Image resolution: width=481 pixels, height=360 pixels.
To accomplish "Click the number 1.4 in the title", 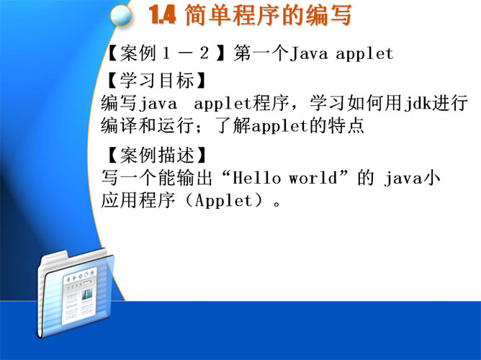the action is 162,15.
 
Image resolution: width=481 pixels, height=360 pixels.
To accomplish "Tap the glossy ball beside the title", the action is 121,15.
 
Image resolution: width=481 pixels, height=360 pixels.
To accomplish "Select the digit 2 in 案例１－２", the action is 204,53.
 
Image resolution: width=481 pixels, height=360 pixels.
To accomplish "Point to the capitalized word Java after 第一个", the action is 309,54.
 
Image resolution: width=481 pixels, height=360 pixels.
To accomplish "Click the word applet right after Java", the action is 364,54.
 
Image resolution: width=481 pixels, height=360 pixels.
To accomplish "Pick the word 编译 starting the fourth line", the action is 120,125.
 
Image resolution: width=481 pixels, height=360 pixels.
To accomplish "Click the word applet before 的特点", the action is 280,126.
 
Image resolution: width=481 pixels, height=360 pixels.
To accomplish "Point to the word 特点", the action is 346,125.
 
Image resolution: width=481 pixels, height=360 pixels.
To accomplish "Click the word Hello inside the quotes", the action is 256,178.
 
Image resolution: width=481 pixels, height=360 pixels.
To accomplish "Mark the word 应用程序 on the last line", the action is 138,201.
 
